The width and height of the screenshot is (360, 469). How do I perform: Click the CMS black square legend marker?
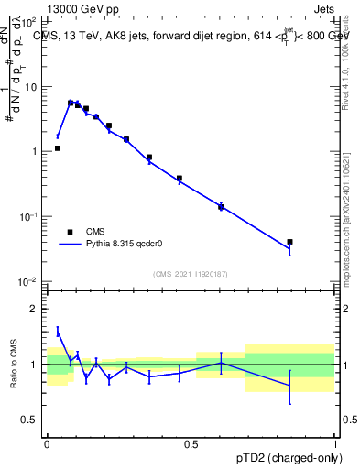pyautogui.click(x=70, y=232)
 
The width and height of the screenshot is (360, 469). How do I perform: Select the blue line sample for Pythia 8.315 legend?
pyautogui.click(x=70, y=245)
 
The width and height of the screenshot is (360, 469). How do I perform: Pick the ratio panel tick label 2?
pyautogui.click(x=35, y=309)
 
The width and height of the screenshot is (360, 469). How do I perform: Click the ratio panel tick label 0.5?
pyautogui.click(x=30, y=420)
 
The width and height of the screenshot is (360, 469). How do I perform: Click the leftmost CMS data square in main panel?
pyautogui.click(x=57, y=147)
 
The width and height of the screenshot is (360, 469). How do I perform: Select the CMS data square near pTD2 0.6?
pyautogui.click(x=221, y=207)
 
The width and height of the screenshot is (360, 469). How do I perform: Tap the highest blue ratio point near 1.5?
pyautogui.click(x=58, y=331)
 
